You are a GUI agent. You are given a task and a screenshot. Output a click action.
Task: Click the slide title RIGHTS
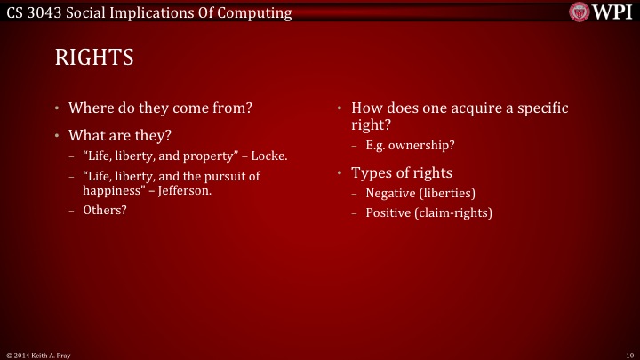[x=94, y=59]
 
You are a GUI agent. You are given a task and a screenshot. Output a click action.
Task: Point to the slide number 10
[x=629, y=355]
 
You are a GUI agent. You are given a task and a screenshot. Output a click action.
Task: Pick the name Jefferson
[x=184, y=189]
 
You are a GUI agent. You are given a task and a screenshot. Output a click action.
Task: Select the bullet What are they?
[x=120, y=136]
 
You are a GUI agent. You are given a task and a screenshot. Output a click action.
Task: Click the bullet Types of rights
[x=402, y=172]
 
